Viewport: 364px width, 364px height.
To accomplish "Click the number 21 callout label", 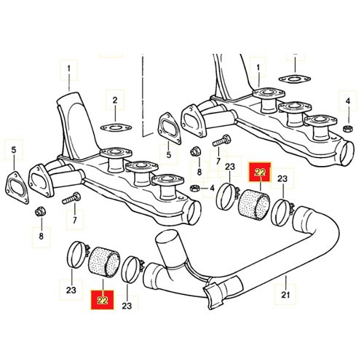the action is [x=285, y=295].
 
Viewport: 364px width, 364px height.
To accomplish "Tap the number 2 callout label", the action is [x=115, y=100].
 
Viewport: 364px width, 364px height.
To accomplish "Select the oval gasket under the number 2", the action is [x=116, y=127].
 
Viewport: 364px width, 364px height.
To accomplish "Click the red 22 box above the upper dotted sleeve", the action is [x=260, y=173].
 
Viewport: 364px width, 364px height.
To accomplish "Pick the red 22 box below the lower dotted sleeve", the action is [x=102, y=301].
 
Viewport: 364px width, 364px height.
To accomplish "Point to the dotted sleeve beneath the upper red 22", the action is [x=254, y=205].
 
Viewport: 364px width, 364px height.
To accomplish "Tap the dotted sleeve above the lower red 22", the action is [x=105, y=262].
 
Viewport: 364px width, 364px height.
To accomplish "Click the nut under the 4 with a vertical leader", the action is [x=348, y=129].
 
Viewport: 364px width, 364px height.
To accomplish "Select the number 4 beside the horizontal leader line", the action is [x=212, y=188].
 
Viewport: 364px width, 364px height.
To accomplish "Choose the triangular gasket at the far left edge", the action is [x=17, y=187].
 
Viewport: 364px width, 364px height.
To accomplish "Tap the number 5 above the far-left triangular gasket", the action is [x=14, y=150].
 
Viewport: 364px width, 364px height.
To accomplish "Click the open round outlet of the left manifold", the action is [x=194, y=213].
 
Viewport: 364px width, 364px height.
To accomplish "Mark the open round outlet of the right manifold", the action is [x=347, y=154].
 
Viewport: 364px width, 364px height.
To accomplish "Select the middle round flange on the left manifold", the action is [x=142, y=166].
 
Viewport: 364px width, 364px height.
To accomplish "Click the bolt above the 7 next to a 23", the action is [x=221, y=141].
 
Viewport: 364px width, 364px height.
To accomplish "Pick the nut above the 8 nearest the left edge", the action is [x=40, y=211].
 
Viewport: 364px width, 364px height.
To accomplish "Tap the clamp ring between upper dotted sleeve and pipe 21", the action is [x=282, y=212].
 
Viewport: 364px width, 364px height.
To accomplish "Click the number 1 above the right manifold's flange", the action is [x=258, y=68].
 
